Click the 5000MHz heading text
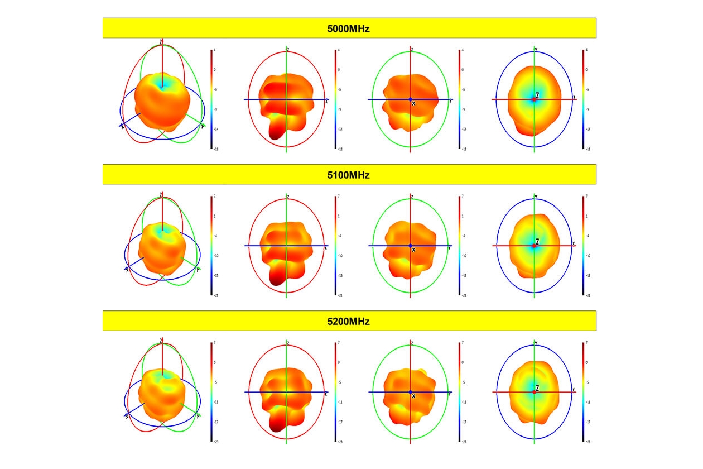coord(349,28)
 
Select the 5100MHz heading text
coord(349,175)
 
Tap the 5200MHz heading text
coord(349,322)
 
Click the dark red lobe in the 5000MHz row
coord(276,131)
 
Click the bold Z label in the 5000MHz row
coord(537,95)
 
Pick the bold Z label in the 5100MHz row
coord(537,242)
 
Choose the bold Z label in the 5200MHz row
coord(537,388)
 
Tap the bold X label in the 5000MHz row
coord(413,104)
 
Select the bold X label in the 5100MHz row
coord(413,250)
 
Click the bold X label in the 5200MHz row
coord(413,396)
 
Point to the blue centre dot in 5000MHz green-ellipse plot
coord(410,99)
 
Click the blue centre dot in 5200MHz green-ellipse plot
coord(410,392)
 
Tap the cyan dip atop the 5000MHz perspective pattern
coord(162,85)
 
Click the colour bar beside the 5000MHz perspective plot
coord(211,99)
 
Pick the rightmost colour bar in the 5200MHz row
coord(583,392)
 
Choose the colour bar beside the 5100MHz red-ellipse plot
coord(335,246)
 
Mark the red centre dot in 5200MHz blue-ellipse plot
coord(534,392)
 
